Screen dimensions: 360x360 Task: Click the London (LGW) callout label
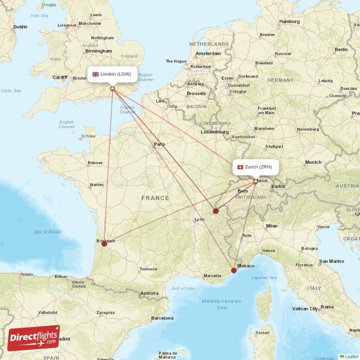click(x=112, y=74)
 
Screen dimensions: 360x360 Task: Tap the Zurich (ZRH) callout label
click(x=256, y=167)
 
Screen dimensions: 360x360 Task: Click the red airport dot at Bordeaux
click(x=104, y=244)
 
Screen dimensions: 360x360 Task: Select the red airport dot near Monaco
click(x=234, y=270)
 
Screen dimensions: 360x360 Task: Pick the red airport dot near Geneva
click(x=216, y=211)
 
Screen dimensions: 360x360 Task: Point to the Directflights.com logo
click(x=34, y=337)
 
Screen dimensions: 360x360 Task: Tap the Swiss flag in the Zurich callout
click(x=240, y=167)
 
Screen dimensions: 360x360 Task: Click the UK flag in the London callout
click(x=95, y=74)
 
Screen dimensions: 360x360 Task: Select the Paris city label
click(x=159, y=144)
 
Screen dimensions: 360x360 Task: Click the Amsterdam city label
click(x=208, y=54)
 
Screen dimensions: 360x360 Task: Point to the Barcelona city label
click(x=162, y=318)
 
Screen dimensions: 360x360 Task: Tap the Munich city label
click(x=313, y=162)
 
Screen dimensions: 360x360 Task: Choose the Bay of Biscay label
click(x=48, y=232)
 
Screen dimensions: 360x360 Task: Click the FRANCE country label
click(x=155, y=198)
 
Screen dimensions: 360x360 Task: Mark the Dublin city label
click(x=20, y=27)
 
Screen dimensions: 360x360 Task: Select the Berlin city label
click(x=341, y=49)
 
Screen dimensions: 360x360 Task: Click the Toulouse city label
click(x=148, y=269)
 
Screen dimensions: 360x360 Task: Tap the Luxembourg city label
click(x=215, y=132)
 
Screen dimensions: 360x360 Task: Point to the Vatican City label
click(x=306, y=309)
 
